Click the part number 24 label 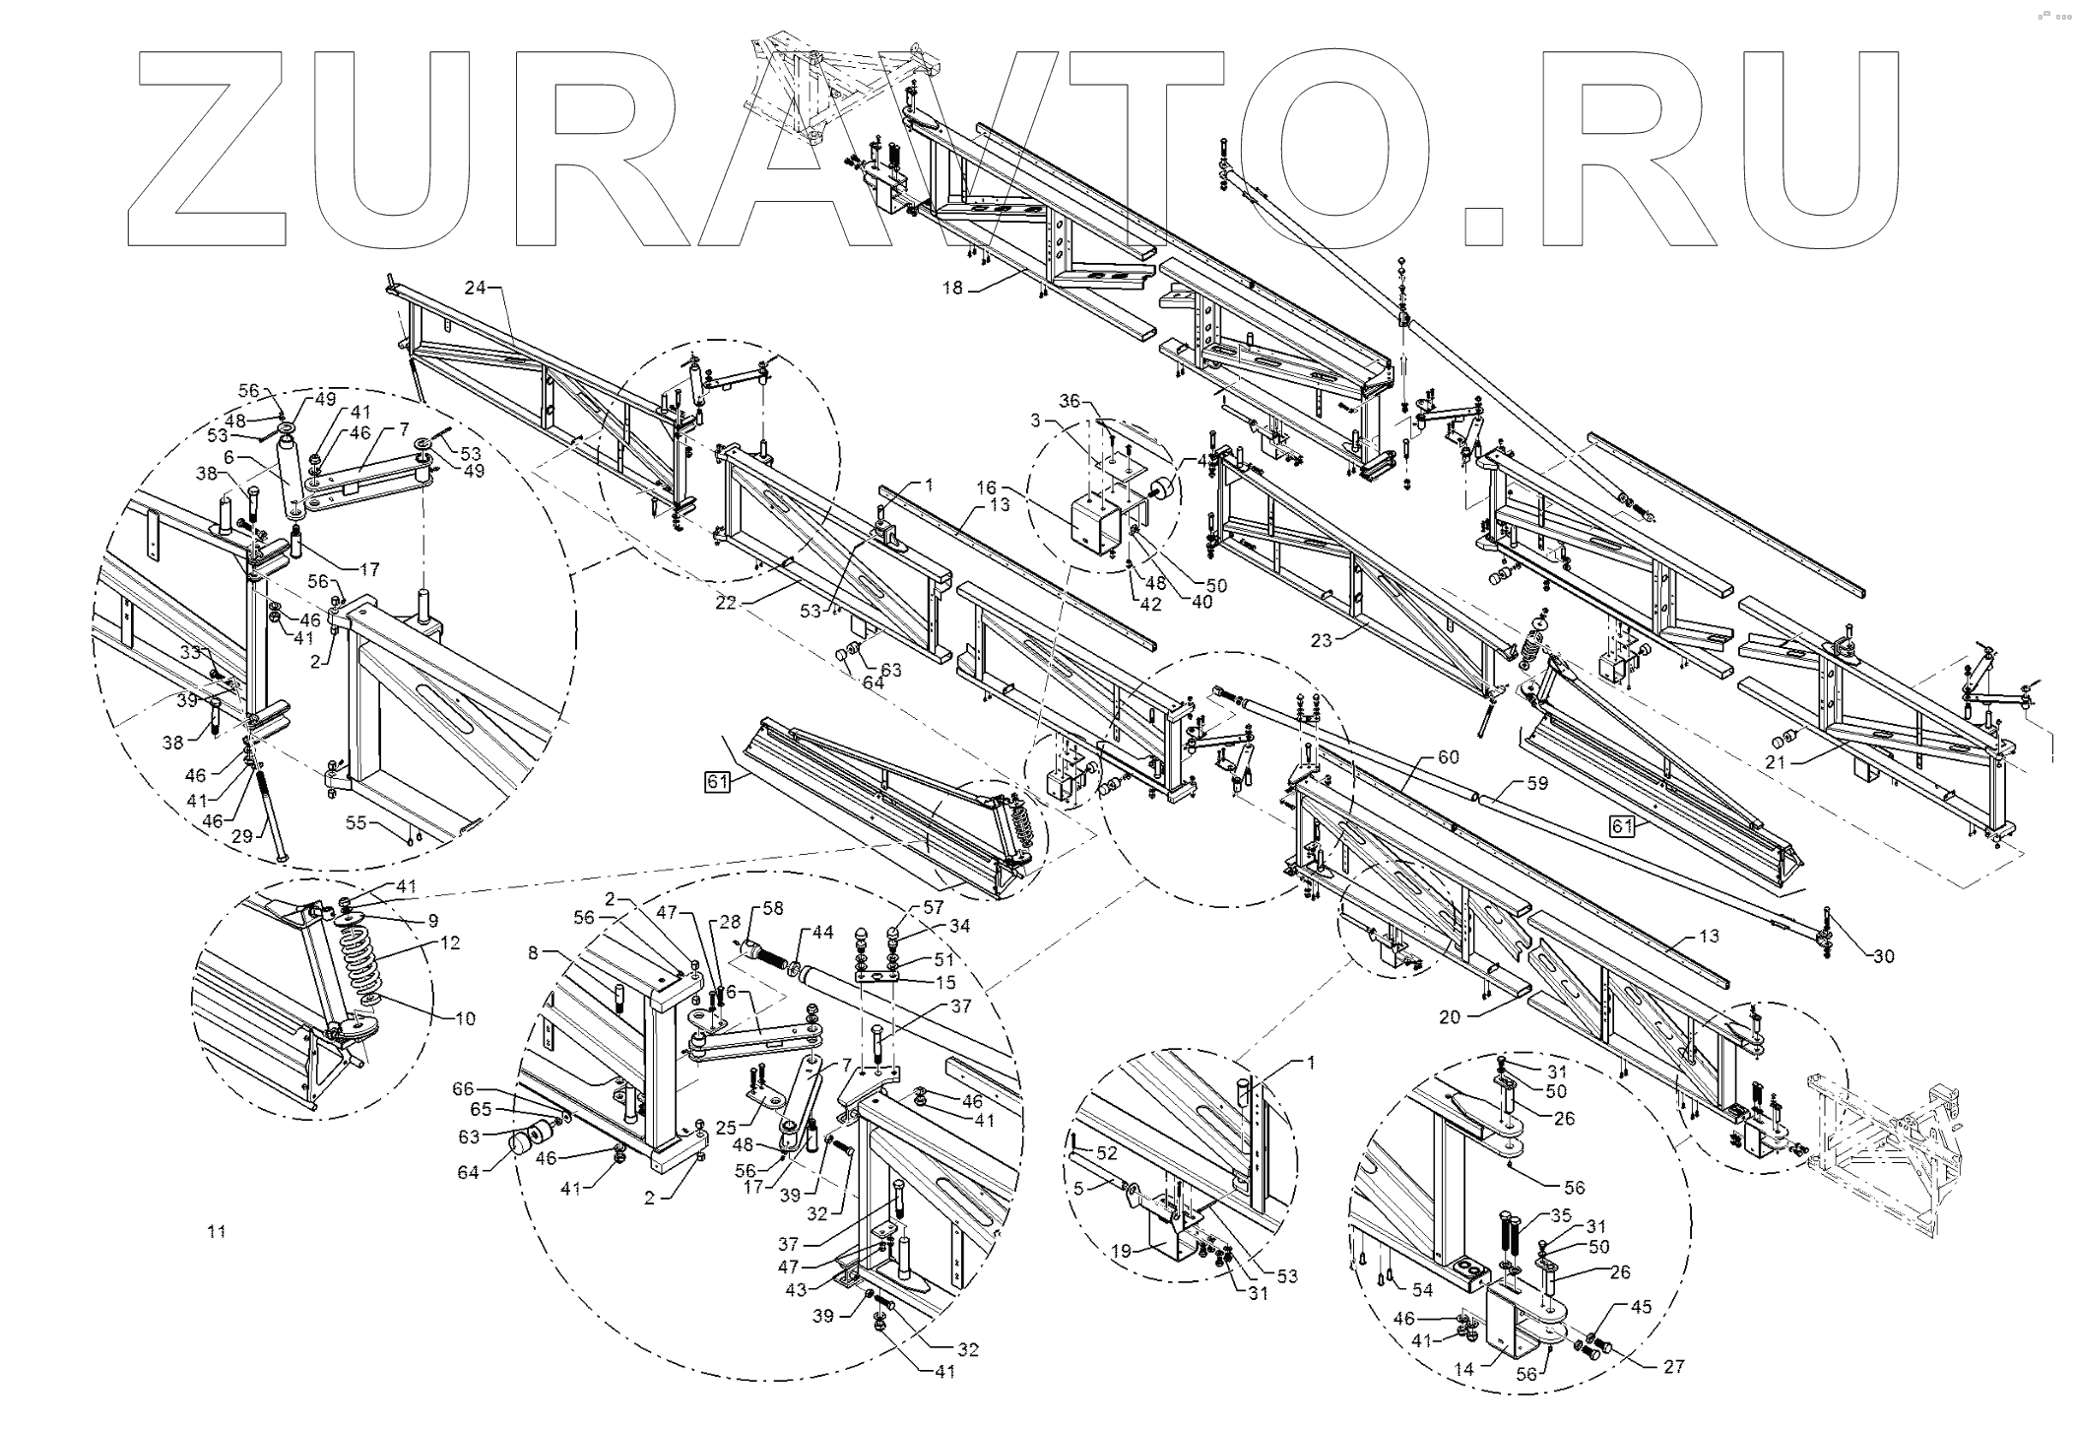476,288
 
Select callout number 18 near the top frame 951,288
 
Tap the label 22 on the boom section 726,604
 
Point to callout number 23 1321,640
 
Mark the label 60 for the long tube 1448,757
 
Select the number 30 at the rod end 1883,955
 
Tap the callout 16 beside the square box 988,487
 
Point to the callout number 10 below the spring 464,1019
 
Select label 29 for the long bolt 242,836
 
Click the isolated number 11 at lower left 217,1231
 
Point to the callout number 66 462,1089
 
